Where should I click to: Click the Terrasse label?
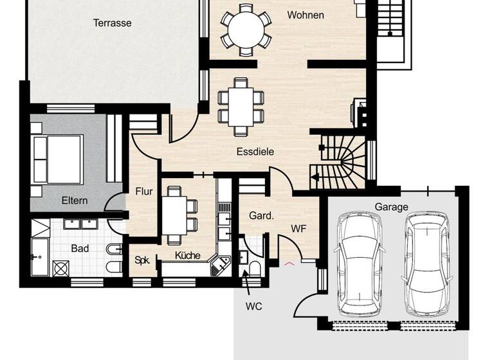point(112,22)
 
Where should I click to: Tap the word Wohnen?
point(306,15)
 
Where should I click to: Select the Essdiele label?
point(255,152)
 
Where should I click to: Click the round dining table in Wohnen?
point(246,28)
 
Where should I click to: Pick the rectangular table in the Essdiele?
point(241,106)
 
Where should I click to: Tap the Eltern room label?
point(75,201)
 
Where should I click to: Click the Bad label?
point(80,248)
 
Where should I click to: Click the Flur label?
point(143,191)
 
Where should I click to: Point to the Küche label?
point(188,255)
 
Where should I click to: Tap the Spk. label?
point(142,260)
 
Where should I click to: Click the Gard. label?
point(261,216)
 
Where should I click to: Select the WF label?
point(298,228)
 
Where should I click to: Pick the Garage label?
point(392,207)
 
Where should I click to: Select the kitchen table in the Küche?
point(174,215)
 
